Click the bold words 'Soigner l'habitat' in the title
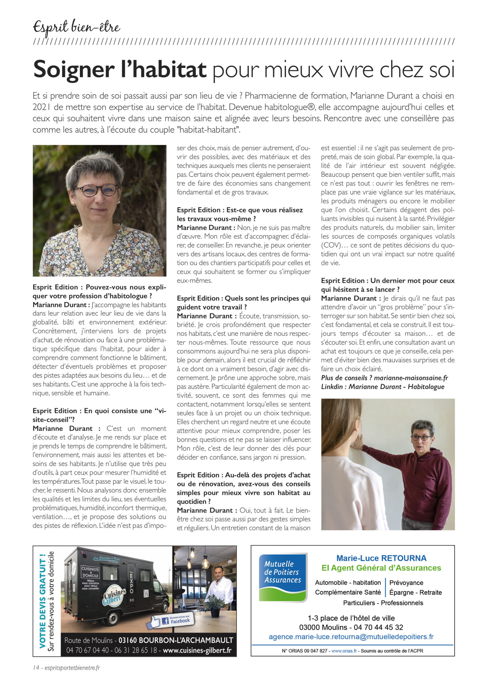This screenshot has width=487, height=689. point(120,69)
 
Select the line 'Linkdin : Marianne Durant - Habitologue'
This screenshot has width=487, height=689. point(383,386)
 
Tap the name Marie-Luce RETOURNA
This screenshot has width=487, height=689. point(381,558)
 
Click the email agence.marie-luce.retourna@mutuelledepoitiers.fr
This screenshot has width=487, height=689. point(351,637)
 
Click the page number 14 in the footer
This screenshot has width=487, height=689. point(36,668)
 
